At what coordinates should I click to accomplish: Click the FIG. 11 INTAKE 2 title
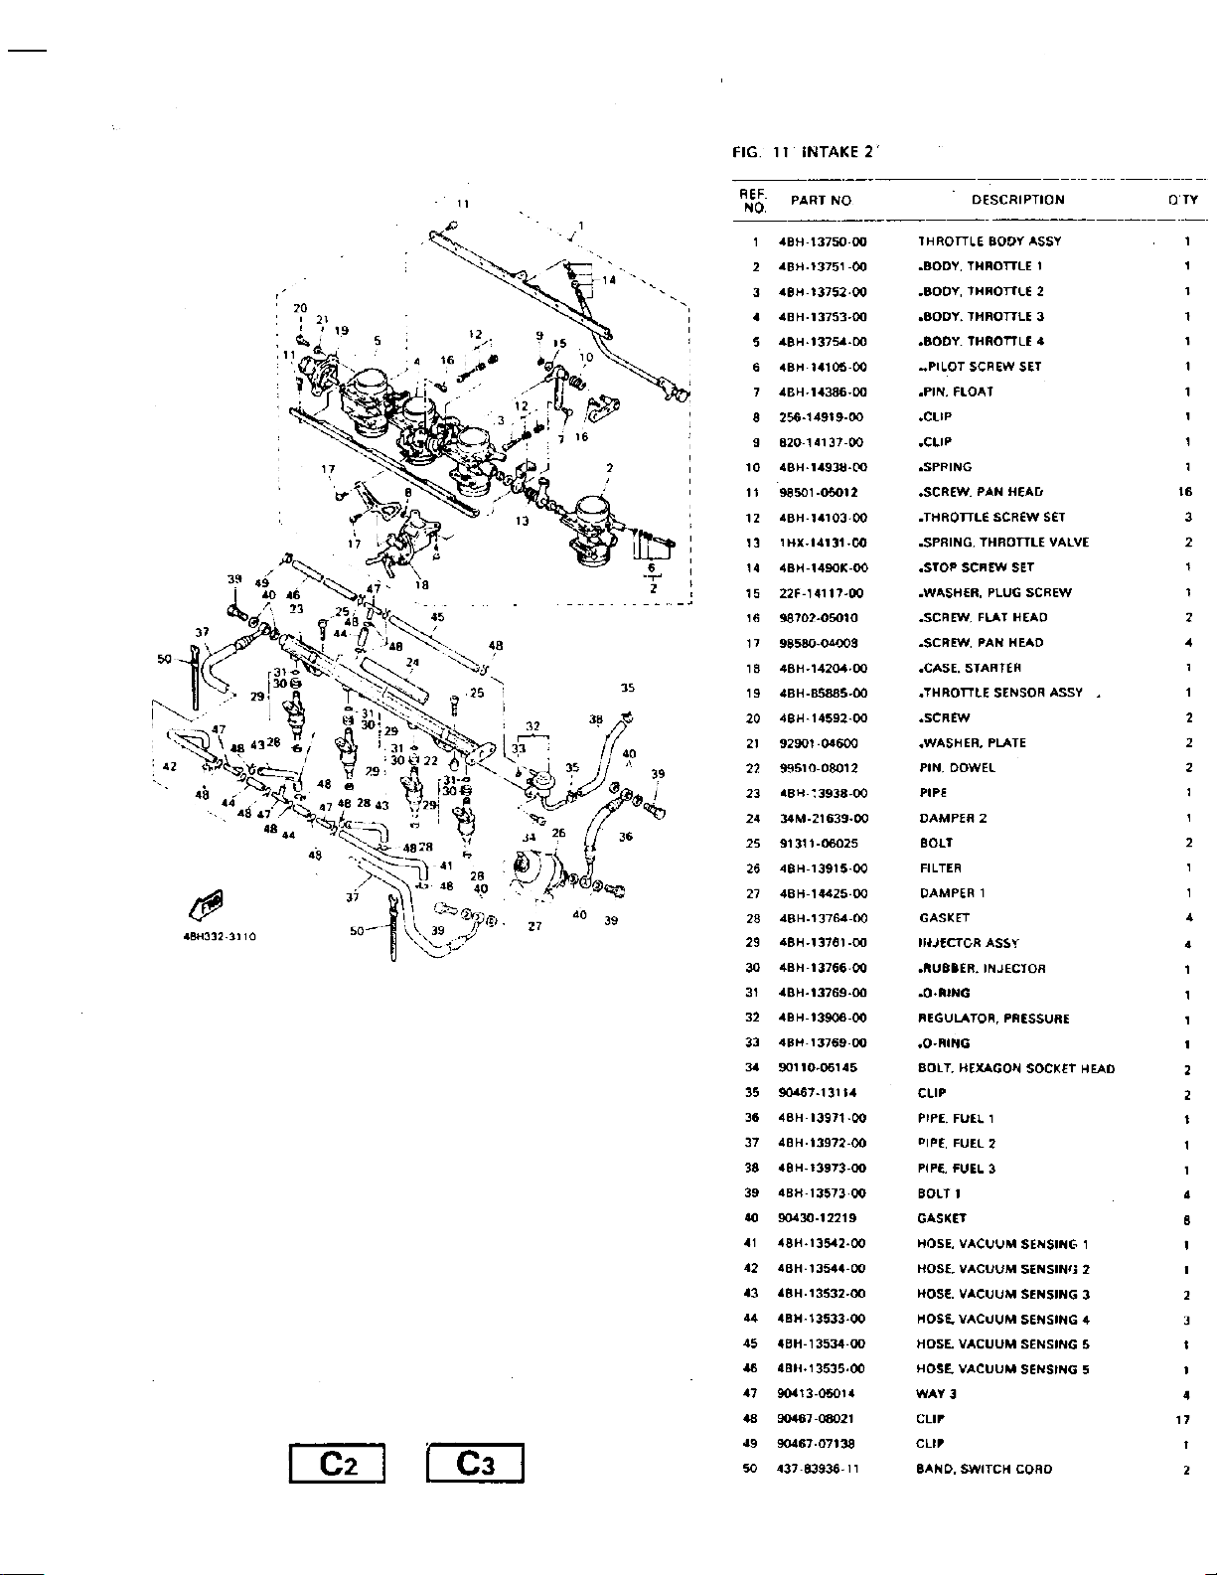(805, 152)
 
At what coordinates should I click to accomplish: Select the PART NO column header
(821, 200)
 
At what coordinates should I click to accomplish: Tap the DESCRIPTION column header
(1017, 200)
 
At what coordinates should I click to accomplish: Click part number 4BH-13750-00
(823, 241)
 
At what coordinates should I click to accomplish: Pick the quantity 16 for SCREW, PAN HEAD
(1185, 492)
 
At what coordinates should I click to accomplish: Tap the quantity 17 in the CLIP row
(1182, 1419)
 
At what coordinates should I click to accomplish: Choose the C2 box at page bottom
(337, 1464)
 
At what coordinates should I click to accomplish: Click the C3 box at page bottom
(474, 1464)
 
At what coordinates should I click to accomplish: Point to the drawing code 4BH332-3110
(221, 936)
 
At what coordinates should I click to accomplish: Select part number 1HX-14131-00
(823, 543)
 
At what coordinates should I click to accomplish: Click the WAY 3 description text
(936, 1394)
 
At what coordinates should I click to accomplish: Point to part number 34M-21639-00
(824, 819)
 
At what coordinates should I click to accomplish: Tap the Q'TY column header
(1183, 200)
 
